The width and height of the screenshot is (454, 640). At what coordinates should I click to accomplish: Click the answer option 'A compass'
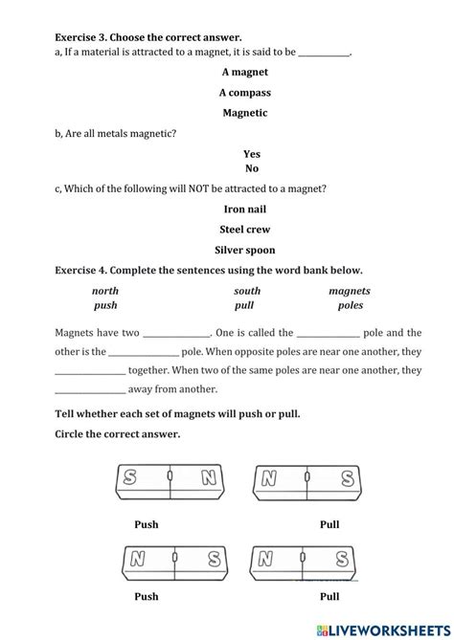click(x=244, y=93)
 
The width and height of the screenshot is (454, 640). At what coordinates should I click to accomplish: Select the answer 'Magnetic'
click(x=244, y=113)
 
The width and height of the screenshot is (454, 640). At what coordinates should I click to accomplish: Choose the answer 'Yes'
click(x=252, y=154)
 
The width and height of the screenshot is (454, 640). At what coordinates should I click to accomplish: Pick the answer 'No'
click(x=252, y=168)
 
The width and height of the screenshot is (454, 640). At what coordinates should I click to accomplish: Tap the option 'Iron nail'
click(x=244, y=210)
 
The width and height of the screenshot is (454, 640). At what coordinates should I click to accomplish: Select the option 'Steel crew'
click(x=244, y=230)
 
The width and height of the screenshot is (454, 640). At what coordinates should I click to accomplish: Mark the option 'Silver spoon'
click(x=244, y=251)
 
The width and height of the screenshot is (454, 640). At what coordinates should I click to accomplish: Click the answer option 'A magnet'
click(x=244, y=72)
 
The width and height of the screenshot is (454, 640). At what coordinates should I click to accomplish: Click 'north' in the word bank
click(x=105, y=291)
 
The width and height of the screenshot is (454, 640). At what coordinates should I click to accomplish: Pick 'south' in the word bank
click(x=247, y=291)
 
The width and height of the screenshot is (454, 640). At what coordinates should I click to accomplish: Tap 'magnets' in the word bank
click(x=350, y=291)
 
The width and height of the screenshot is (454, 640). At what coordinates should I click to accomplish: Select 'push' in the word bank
click(x=105, y=306)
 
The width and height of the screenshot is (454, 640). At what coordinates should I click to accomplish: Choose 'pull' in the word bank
click(x=244, y=306)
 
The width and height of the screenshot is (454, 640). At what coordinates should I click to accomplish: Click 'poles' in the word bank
click(x=351, y=306)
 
